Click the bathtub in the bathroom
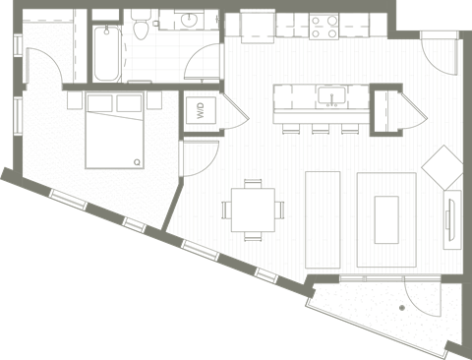click(x=105, y=54)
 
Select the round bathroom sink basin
click(x=186, y=22)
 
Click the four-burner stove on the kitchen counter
click(x=324, y=22)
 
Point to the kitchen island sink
click(x=332, y=96)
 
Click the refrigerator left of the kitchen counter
click(x=257, y=23)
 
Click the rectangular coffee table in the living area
click(x=386, y=218)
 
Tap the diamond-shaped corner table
click(x=443, y=167)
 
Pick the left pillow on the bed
click(x=99, y=103)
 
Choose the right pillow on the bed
click(x=129, y=103)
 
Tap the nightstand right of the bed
click(x=156, y=103)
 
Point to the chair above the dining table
click(x=254, y=183)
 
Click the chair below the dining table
click(x=254, y=236)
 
